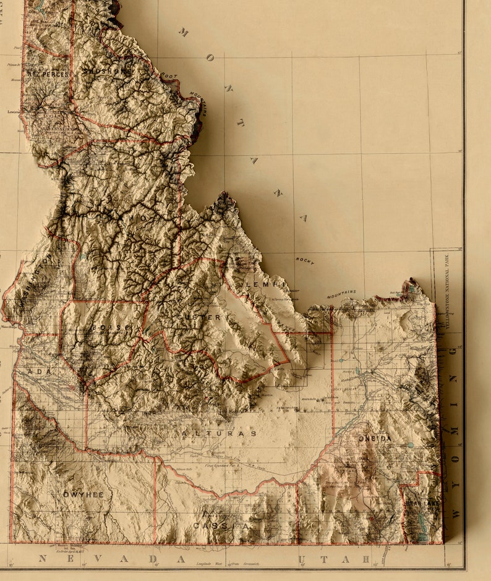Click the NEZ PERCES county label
(x=47, y=74)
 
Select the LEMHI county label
(x=266, y=284)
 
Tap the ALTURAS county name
(x=220, y=433)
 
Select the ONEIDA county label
(x=375, y=438)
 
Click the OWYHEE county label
(x=83, y=494)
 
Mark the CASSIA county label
(x=220, y=525)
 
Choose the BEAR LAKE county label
(x=422, y=504)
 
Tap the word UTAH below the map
(x=334, y=559)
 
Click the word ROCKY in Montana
(x=305, y=261)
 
